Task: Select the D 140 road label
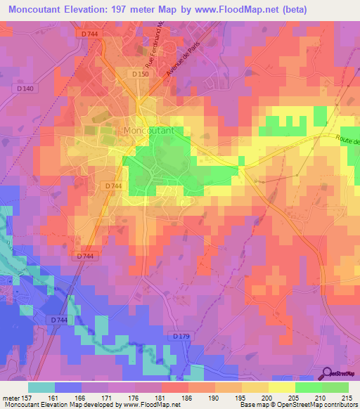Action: (x=25, y=88)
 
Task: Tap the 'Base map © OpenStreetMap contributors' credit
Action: (x=297, y=405)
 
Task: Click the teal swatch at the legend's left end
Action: (x=41, y=387)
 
